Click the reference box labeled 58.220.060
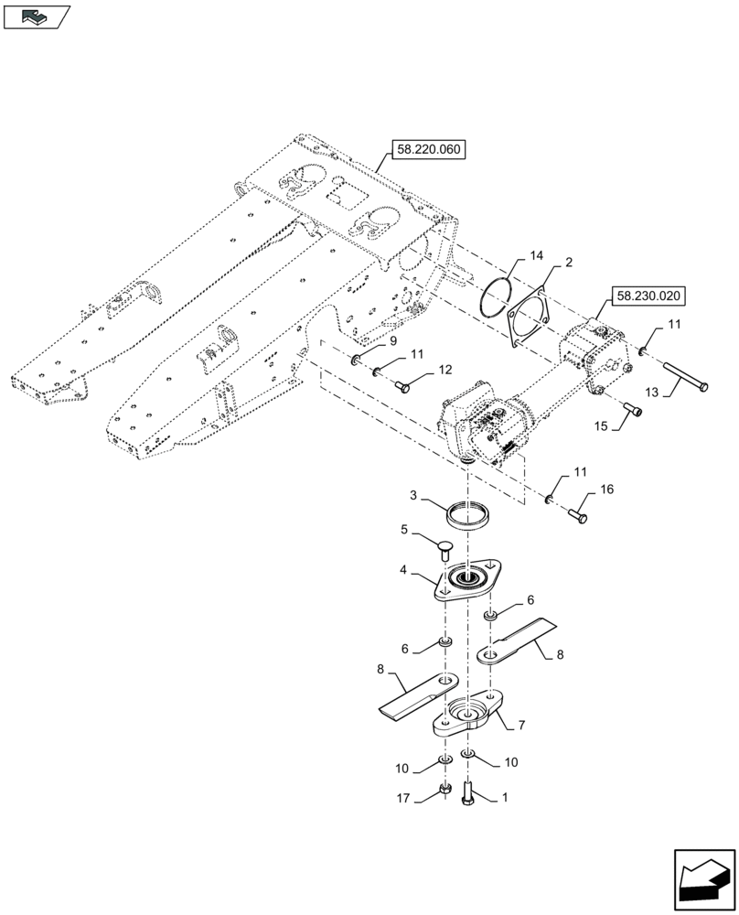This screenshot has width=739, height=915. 428,148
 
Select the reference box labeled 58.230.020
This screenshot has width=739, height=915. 647,296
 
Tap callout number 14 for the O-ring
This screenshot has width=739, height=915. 536,255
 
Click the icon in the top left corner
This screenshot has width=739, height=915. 36,16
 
